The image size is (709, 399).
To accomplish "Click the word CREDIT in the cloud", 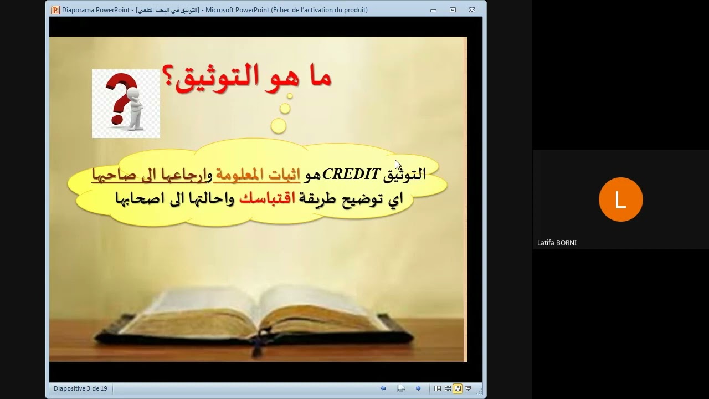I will pyautogui.click(x=351, y=174).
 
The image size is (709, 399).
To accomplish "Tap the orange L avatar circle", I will pyautogui.click(x=620, y=199).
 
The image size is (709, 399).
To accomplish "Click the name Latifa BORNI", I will pyautogui.click(x=557, y=243).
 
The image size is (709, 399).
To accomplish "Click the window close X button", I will pyautogui.click(x=472, y=10).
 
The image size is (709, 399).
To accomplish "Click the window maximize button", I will pyautogui.click(x=453, y=10).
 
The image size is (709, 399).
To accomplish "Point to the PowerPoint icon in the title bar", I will pyautogui.click(x=55, y=10).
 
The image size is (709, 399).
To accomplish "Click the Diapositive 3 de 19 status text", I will pyautogui.click(x=80, y=388).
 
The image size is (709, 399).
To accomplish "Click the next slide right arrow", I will pyautogui.click(x=418, y=388).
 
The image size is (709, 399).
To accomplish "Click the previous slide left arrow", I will pyautogui.click(x=383, y=388).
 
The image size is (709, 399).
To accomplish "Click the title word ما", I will pyautogui.click(x=316, y=78).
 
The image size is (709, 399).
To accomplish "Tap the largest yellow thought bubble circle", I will pyautogui.click(x=279, y=126).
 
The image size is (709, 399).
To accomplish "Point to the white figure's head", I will pyautogui.click(x=133, y=95).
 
